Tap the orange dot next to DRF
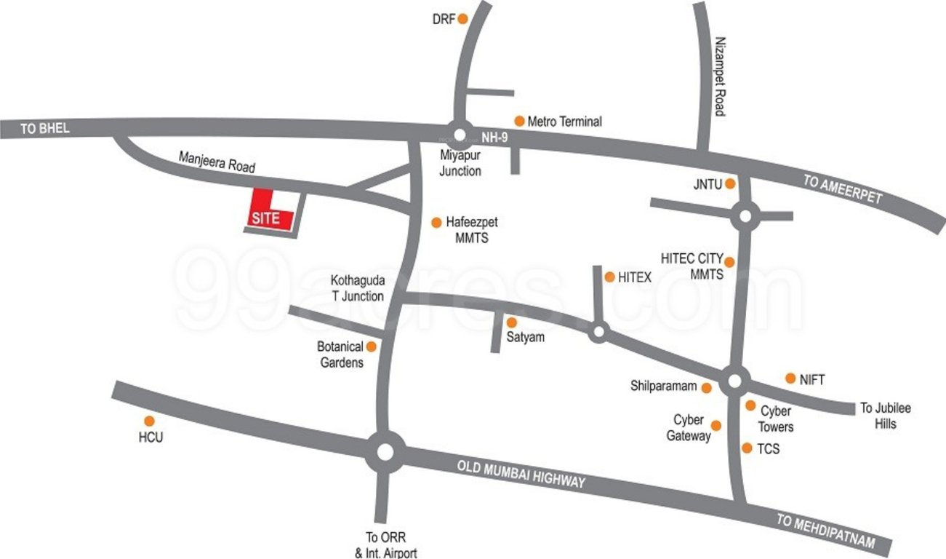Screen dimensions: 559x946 pyautogui.click(x=462, y=20)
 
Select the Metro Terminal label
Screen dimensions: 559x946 pyautogui.click(x=564, y=122)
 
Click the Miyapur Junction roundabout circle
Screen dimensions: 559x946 pyautogui.click(x=459, y=134)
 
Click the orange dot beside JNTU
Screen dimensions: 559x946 pyautogui.click(x=731, y=184)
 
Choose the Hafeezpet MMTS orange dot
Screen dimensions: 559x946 pyautogui.click(x=436, y=222)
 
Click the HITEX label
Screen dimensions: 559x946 pyautogui.click(x=635, y=277)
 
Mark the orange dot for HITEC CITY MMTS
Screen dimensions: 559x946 pyautogui.click(x=730, y=261)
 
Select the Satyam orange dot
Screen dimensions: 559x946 pyautogui.click(x=511, y=322)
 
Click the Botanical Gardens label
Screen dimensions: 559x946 pyautogui.click(x=340, y=354)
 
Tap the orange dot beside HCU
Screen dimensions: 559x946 pyautogui.click(x=149, y=421)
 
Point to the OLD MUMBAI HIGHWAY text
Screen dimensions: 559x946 pyautogui.click(x=521, y=473)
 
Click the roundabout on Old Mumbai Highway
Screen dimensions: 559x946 pyautogui.click(x=385, y=452)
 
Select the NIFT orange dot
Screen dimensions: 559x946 pyautogui.click(x=790, y=378)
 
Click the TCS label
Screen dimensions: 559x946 pyautogui.click(x=768, y=449)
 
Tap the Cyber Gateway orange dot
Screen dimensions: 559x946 pyautogui.click(x=716, y=425)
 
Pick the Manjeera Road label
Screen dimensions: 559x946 pyautogui.click(x=217, y=162)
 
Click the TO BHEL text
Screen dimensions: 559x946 pyautogui.click(x=45, y=128)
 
